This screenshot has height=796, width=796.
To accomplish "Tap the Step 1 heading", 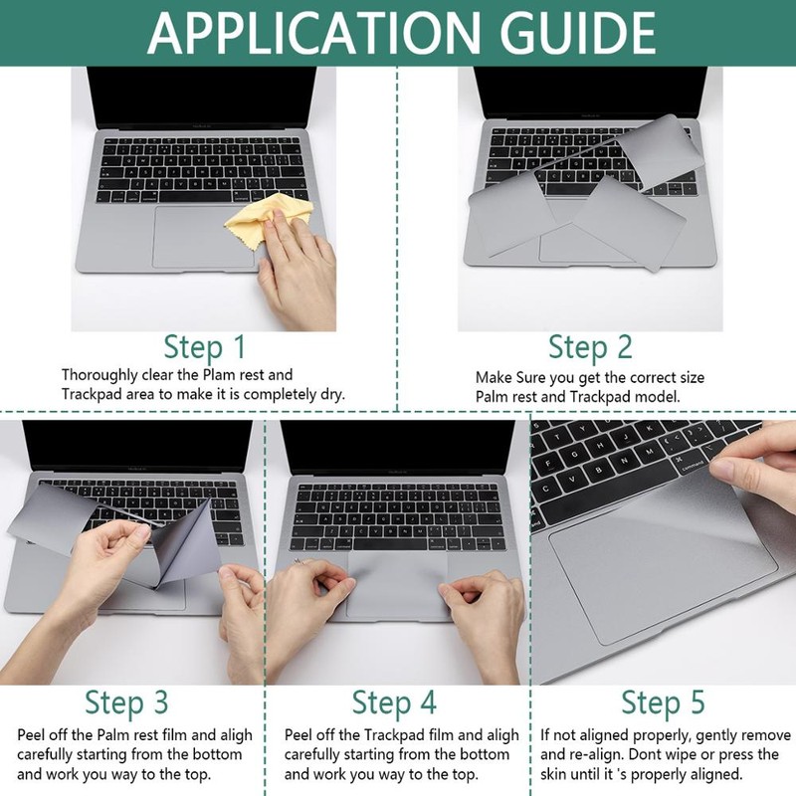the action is point(205,347).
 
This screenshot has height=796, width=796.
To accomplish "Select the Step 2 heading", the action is point(590,347).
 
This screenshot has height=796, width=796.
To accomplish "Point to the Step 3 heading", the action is point(126,702).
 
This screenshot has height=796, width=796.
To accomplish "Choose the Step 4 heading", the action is point(394,702).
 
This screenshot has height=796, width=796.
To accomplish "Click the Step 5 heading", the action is point(663,702).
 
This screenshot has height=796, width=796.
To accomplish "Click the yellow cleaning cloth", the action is point(268,217).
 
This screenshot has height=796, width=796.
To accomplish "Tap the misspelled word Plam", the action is point(219,375).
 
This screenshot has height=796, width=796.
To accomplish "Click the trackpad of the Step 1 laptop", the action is point(203,237).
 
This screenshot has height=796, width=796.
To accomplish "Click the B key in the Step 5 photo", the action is point(599,470).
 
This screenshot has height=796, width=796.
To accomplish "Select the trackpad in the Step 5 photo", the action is point(663,562).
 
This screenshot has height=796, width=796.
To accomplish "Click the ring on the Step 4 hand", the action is point(299,561).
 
